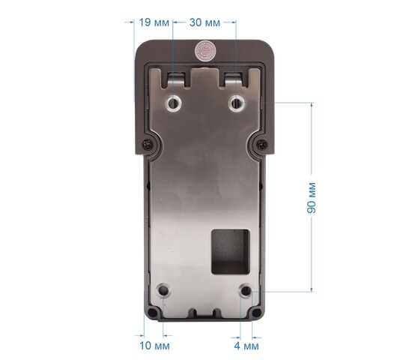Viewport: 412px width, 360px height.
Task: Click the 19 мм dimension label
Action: pos(154,22)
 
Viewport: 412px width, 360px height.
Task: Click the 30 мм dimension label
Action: pos(205,23)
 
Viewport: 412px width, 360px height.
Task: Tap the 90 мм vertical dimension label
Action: pos(312,197)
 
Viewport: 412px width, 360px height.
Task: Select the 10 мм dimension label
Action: pos(154,346)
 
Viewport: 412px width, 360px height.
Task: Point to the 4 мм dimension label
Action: pos(246,346)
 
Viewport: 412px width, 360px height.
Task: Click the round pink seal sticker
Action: pos(205,51)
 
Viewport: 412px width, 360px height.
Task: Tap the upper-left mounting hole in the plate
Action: pos(174,103)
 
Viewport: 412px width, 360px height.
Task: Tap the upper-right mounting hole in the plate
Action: pos(237,103)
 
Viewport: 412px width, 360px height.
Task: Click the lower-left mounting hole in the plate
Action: pos(163,291)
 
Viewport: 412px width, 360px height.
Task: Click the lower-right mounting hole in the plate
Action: pos(246,291)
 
